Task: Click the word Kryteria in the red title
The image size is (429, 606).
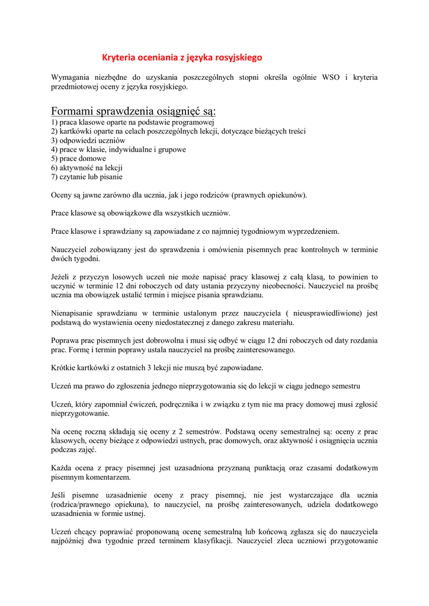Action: (x=119, y=57)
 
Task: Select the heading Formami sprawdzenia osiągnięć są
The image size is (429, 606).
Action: (x=133, y=111)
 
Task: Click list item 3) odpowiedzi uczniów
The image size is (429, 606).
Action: (x=88, y=140)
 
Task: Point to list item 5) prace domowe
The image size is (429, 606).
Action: (x=78, y=159)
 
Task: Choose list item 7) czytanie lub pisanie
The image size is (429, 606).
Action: (x=87, y=176)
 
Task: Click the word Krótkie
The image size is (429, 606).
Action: (x=65, y=368)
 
